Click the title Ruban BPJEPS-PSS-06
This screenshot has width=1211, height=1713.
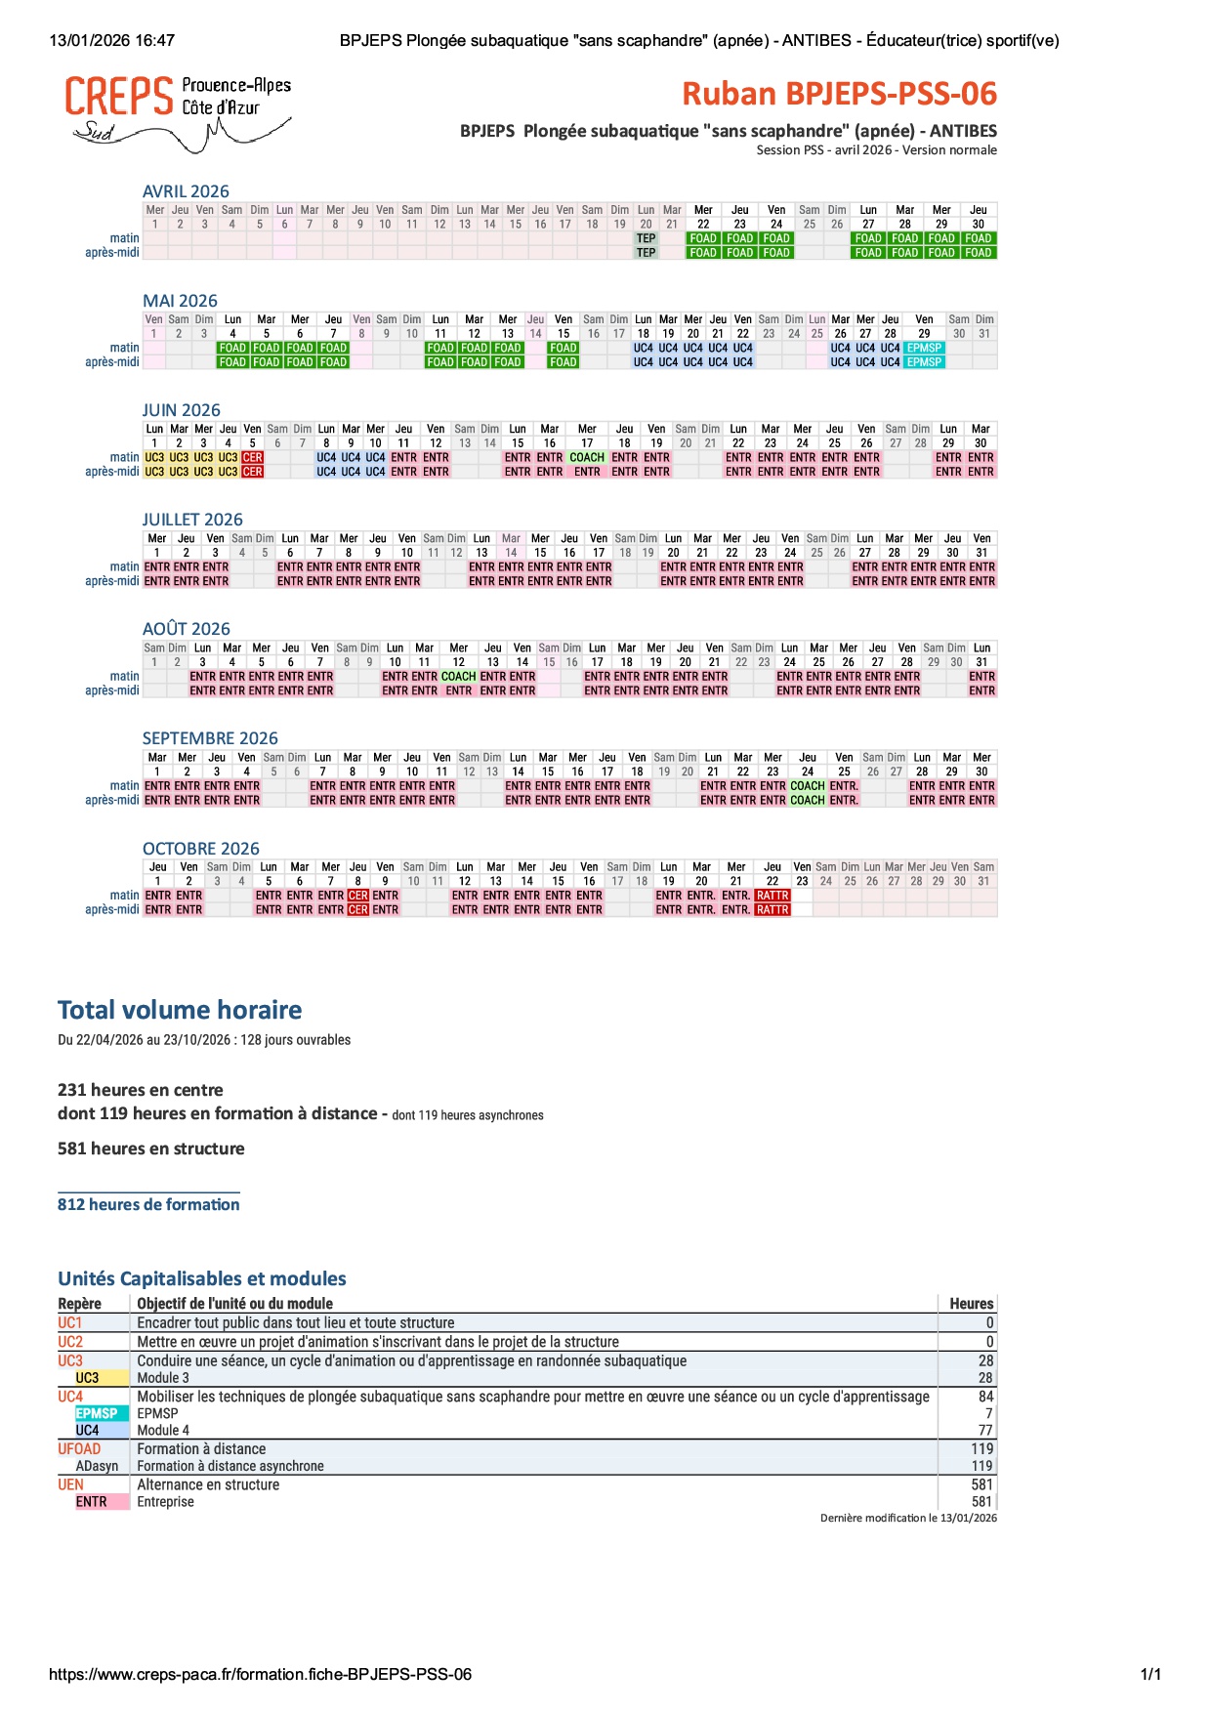point(839,94)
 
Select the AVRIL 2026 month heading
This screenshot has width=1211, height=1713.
point(186,191)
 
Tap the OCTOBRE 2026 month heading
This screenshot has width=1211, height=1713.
point(200,849)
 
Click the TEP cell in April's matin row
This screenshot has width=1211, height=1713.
point(646,238)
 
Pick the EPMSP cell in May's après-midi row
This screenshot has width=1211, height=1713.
point(924,362)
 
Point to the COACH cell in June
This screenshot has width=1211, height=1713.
point(587,457)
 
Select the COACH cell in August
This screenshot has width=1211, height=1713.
point(458,676)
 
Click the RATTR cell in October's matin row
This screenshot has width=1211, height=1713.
point(773,896)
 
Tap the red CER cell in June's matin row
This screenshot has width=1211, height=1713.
point(252,457)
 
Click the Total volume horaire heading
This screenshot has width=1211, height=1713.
point(180,1010)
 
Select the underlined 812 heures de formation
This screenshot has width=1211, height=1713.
point(148,1204)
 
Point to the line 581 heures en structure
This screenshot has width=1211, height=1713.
point(151,1149)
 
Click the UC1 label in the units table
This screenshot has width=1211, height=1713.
point(70,1322)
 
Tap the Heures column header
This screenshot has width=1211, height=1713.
point(971,1304)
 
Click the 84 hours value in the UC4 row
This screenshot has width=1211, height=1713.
point(985,1397)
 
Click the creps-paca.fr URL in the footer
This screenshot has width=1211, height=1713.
point(260,1674)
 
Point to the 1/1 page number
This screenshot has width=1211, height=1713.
point(1150,1674)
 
